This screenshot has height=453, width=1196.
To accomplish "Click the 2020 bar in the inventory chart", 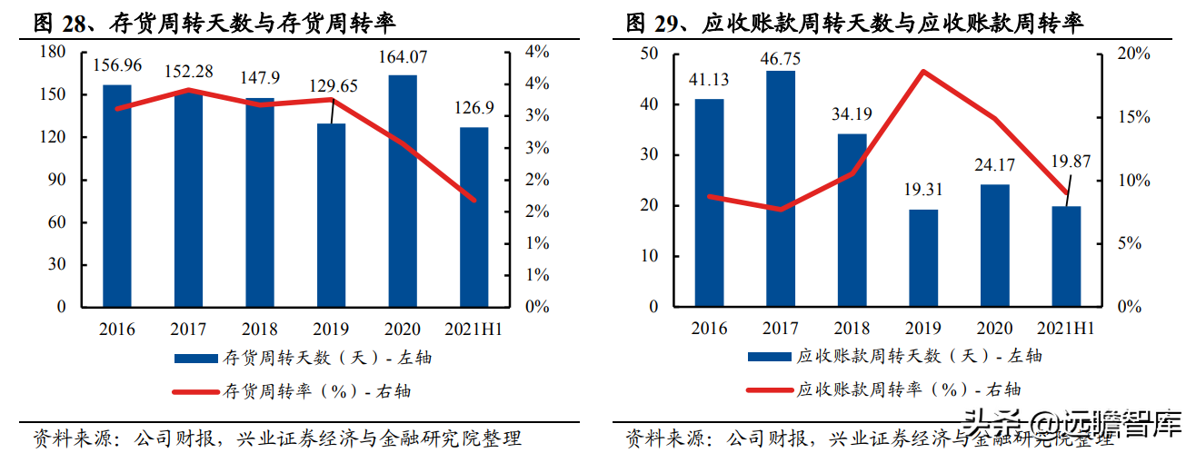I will [x=403, y=191].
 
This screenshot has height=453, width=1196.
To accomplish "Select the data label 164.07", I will [x=404, y=59].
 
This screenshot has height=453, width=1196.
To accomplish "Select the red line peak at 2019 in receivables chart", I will [x=924, y=71].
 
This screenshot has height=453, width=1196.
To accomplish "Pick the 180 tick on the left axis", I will [x=54, y=53].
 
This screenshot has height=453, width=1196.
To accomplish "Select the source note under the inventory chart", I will [x=277, y=439].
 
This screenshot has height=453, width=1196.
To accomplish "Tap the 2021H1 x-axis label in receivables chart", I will [x=1067, y=329].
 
